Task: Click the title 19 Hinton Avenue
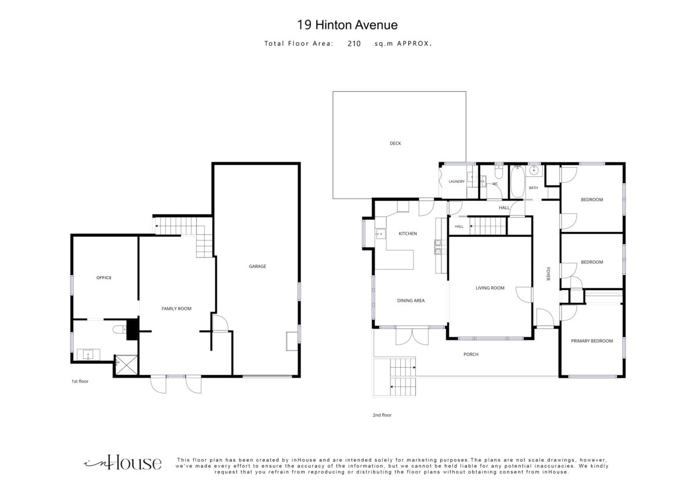pos(347,25)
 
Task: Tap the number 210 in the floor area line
pos(354,44)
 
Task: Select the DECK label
pos(395,143)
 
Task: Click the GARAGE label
pos(258,266)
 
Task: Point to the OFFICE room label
pos(104,278)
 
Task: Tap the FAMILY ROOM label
pos(176,309)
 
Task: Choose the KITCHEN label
pos(408,234)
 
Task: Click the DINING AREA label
pos(411,301)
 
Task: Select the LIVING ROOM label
pos(490,288)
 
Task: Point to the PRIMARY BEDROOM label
pos(592,341)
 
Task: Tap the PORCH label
pos(471,354)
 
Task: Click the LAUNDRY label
pos(456,182)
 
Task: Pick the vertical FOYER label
pos(548,273)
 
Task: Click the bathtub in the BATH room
pos(517,182)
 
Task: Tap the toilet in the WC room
pos(499,172)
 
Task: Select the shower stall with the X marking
pos(126,365)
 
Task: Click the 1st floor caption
pos(80,381)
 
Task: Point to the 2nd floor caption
pos(382,415)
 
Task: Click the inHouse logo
pos(123,463)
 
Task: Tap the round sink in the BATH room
pos(534,171)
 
